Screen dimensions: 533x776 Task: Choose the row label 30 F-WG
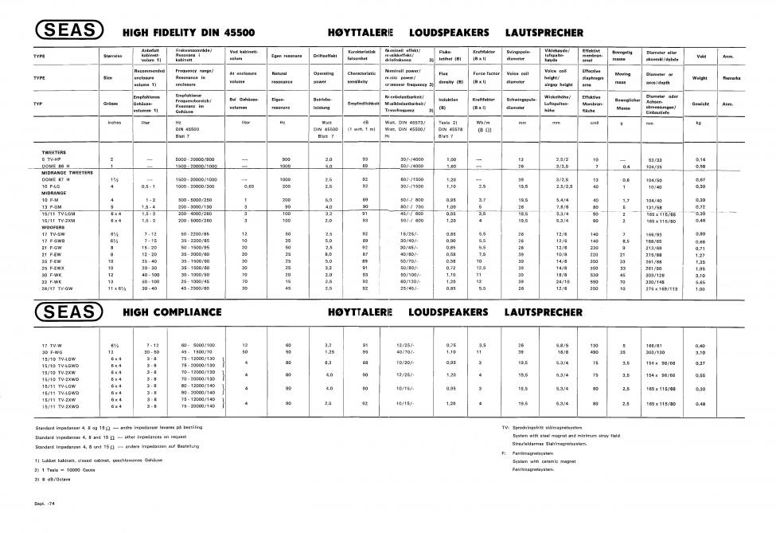pos(52,351)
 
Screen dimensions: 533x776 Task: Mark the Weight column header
pos(700,78)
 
